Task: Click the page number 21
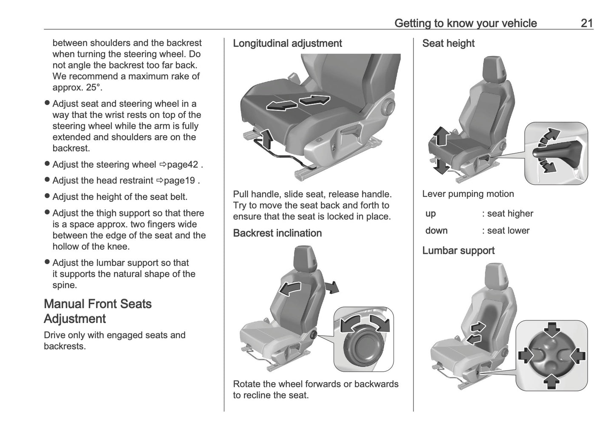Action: tap(586, 23)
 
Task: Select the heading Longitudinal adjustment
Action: tap(287, 43)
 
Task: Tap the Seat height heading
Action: tap(448, 43)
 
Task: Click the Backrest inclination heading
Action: tap(277, 233)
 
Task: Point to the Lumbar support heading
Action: tap(458, 250)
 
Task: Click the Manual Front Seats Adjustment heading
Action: tap(98, 311)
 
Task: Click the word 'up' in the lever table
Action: tap(430, 213)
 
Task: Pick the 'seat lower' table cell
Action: tap(508, 230)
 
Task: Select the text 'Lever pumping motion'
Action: tap(468, 194)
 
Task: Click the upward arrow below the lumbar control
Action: tap(552, 381)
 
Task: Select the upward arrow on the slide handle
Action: tap(266, 139)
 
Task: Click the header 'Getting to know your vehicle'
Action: tap(465, 23)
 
